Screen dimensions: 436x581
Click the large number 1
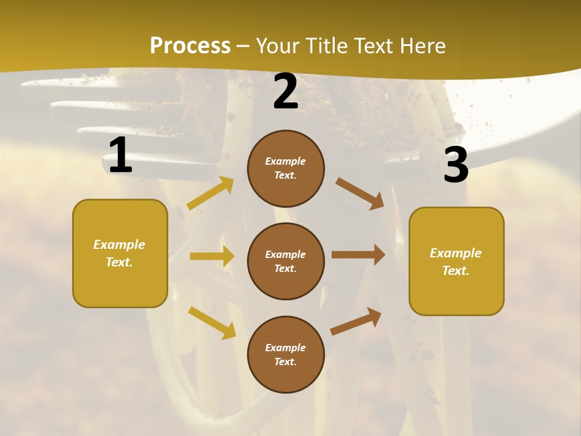[120, 155]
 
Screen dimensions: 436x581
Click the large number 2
[286, 92]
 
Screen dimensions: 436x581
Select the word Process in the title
[190, 45]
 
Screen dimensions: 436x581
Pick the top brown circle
[286, 168]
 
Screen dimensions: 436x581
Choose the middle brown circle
[286, 261]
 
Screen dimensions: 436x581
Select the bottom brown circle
[286, 354]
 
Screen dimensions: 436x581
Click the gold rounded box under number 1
[120, 253]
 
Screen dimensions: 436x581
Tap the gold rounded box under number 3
[456, 261]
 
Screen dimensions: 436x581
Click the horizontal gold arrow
[212, 256]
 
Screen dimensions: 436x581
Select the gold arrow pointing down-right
[212, 322]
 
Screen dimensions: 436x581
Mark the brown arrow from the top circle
[360, 194]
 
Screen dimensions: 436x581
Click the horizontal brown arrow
[358, 255]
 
